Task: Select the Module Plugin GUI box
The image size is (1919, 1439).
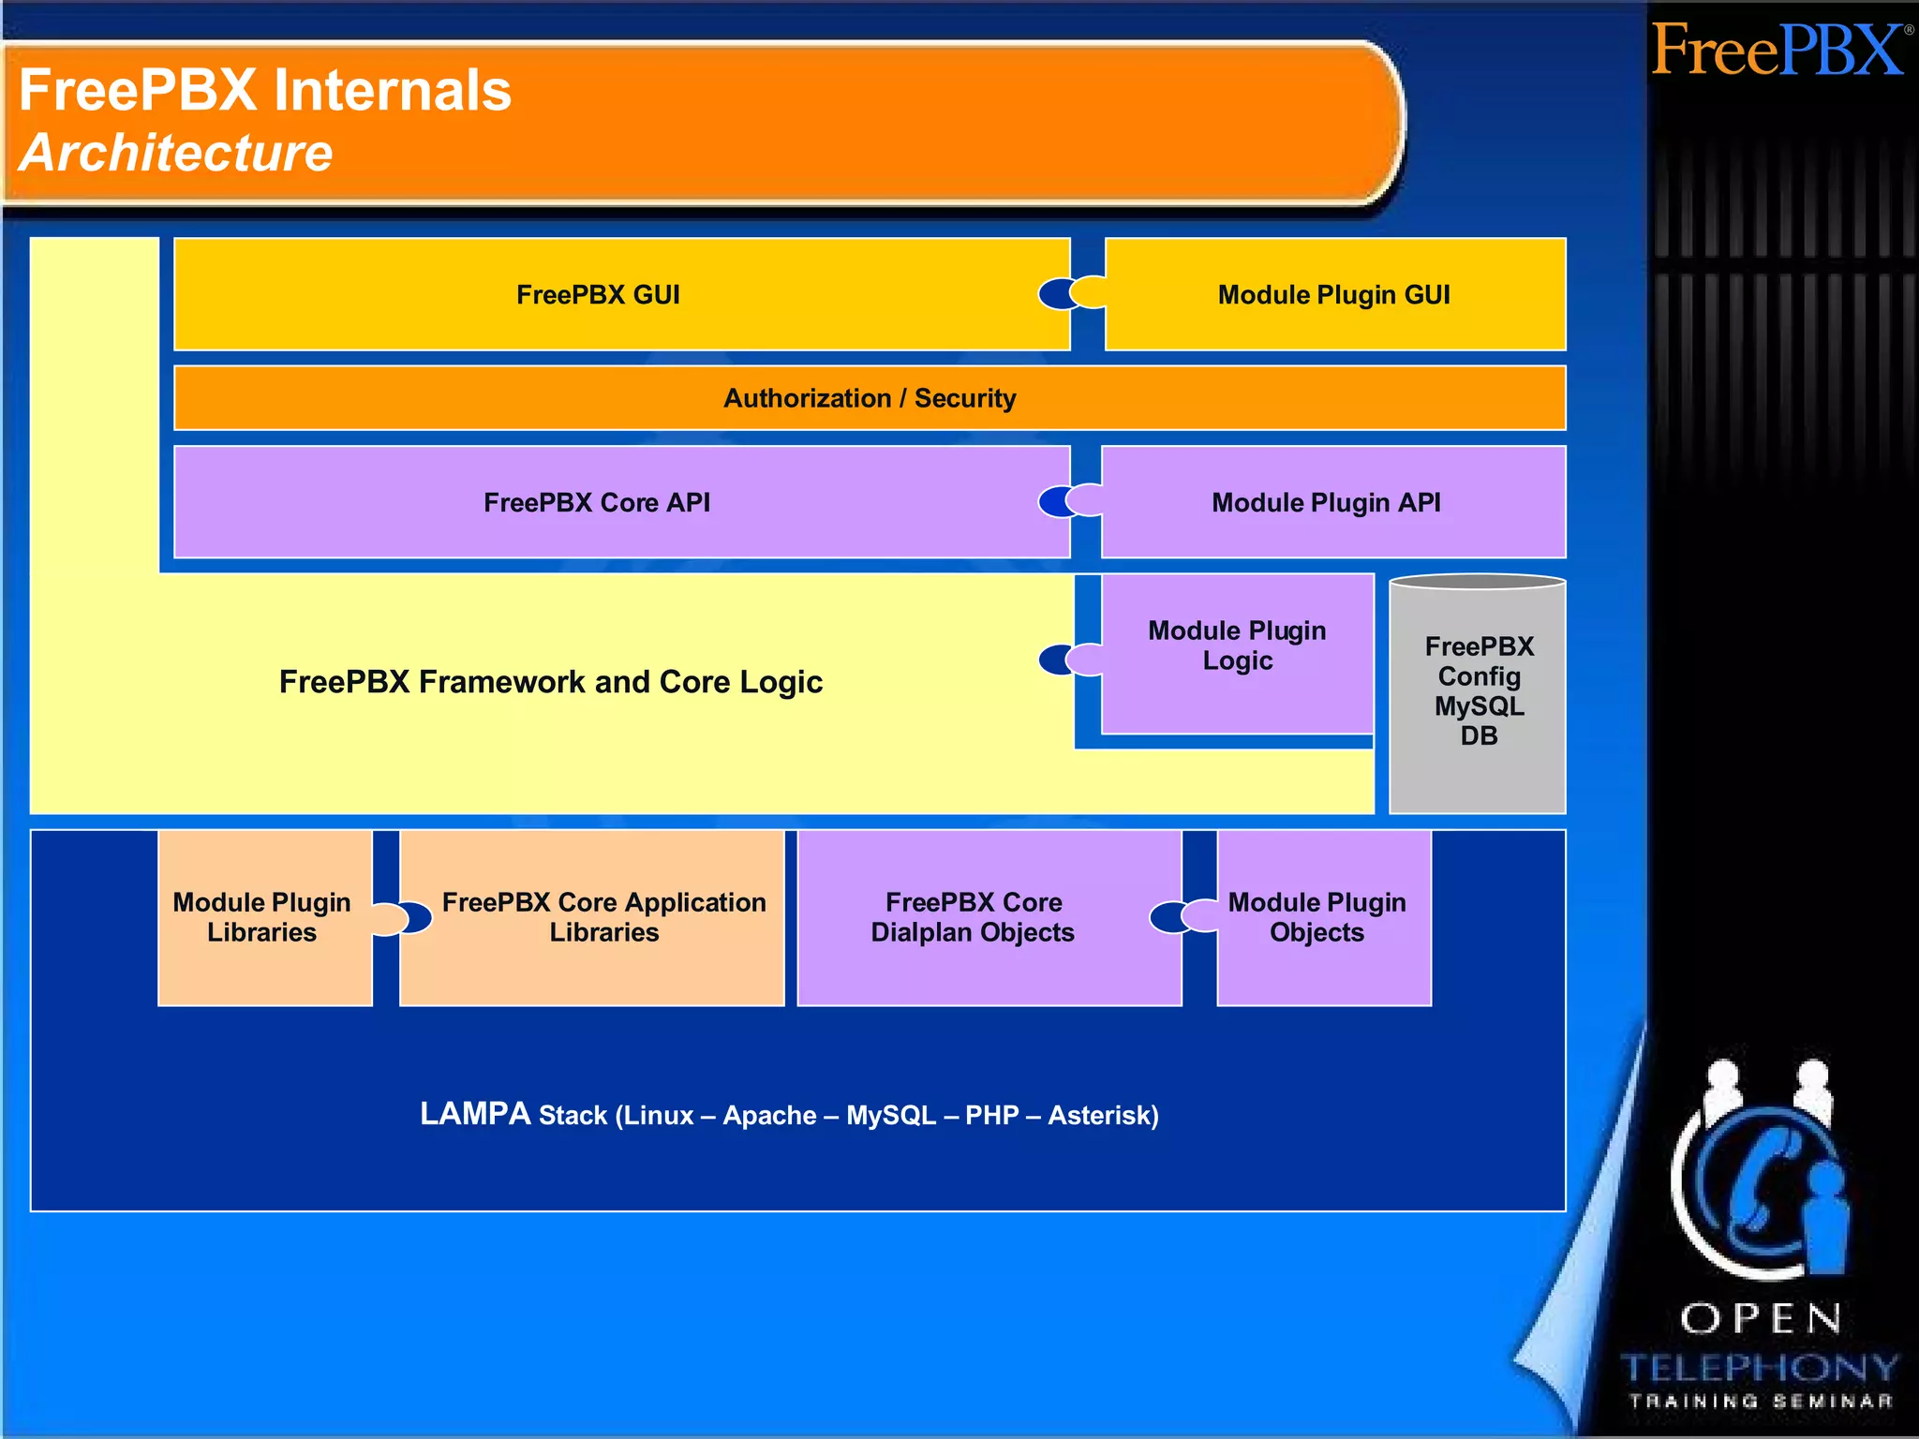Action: (x=1334, y=294)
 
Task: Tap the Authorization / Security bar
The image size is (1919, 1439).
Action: (x=870, y=398)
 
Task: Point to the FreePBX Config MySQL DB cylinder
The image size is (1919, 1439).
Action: (x=1478, y=693)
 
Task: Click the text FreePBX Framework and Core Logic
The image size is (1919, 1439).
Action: (x=551, y=682)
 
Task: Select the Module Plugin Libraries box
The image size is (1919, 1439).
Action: (x=262, y=918)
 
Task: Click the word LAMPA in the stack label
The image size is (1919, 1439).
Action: (x=475, y=1114)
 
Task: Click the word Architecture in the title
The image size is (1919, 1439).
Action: (x=176, y=153)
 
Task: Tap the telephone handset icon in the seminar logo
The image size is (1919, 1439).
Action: (x=1762, y=1180)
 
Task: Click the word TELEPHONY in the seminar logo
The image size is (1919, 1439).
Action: (x=1760, y=1368)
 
